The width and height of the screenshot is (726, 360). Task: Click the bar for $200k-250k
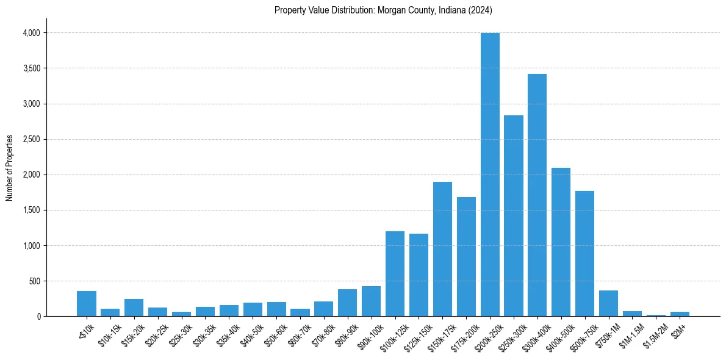(x=490, y=175)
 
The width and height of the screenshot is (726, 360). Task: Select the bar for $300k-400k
(x=537, y=195)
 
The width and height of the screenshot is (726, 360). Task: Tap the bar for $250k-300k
(x=514, y=216)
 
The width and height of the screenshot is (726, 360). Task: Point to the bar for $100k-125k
(x=395, y=274)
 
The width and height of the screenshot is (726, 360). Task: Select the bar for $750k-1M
(x=608, y=304)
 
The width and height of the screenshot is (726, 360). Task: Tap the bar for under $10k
(x=87, y=304)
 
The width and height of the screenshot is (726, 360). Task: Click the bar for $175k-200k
(x=466, y=257)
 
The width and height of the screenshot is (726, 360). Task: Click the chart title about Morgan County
(x=383, y=10)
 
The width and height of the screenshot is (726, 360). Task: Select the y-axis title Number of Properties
(x=10, y=168)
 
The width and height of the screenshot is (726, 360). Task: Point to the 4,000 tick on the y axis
(x=31, y=33)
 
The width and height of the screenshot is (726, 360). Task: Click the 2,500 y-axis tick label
(x=31, y=139)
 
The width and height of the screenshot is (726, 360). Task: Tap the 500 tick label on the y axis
(x=34, y=281)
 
